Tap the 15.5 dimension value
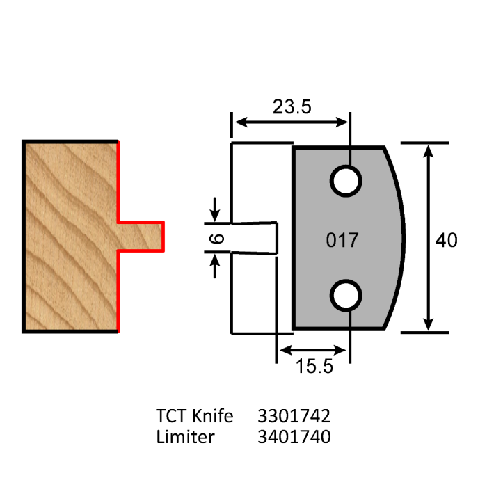(310, 367)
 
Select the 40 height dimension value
(446, 241)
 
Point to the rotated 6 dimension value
(218, 239)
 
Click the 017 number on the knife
(342, 241)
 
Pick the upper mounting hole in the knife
(346, 181)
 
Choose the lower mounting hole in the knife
(346, 296)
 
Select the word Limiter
(185, 437)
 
